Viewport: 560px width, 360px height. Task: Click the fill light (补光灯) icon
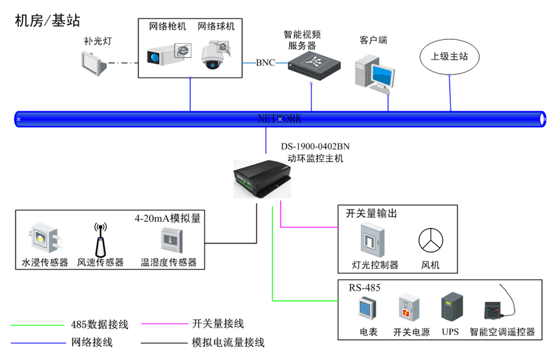pos(94,63)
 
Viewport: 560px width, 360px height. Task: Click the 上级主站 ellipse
pos(449,56)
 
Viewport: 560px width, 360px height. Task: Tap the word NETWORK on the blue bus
pos(279,119)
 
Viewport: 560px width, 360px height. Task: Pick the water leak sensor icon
pos(42,240)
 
